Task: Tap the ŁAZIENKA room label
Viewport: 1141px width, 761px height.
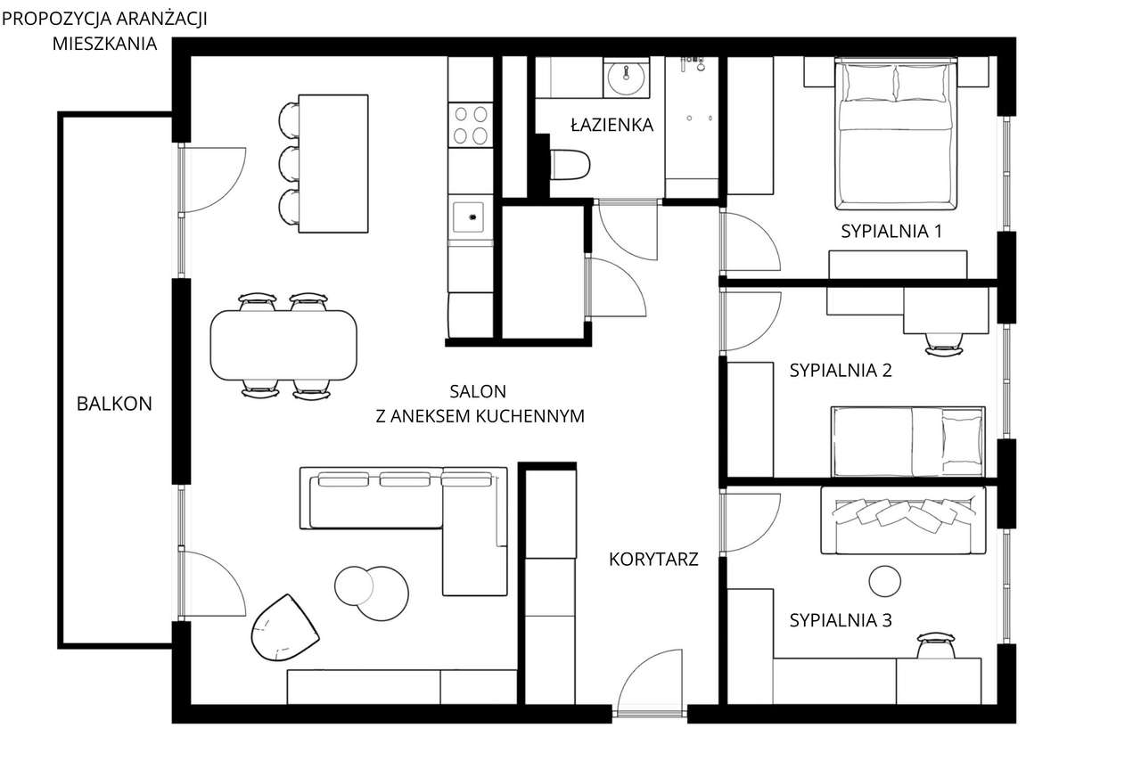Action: click(612, 126)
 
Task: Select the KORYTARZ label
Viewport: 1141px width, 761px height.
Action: click(653, 560)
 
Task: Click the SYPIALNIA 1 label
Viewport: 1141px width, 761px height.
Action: click(891, 232)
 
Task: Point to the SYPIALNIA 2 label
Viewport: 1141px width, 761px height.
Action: click(841, 371)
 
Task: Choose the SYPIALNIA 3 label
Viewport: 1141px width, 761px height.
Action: click(841, 620)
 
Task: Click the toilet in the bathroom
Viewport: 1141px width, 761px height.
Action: click(570, 165)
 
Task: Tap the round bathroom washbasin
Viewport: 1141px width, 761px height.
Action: click(627, 78)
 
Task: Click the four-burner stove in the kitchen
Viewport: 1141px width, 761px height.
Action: click(471, 125)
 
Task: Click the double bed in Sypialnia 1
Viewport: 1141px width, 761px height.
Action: click(896, 134)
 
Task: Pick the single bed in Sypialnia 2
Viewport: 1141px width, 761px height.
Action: click(907, 441)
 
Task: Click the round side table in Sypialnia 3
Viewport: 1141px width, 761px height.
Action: click(884, 581)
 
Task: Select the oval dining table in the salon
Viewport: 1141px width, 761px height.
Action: click(283, 345)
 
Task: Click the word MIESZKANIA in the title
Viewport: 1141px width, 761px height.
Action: click(105, 42)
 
